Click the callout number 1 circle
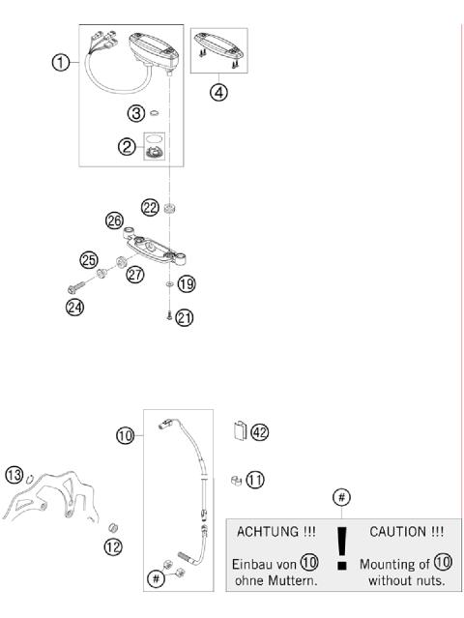pyautogui.click(x=61, y=63)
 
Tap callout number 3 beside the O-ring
pyautogui.click(x=139, y=113)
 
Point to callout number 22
pyautogui.click(x=150, y=207)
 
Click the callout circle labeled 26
pyautogui.click(x=115, y=221)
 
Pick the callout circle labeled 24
pyautogui.click(x=73, y=308)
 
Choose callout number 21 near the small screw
pyautogui.click(x=184, y=317)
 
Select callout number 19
pyautogui.click(x=187, y=284)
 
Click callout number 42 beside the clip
pyautogui.click(x=259, y=432)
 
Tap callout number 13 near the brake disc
pyautogui.click(x=14, y=474)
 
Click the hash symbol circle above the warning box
pyautogui.click(x=340, y=497)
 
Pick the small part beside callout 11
pyautogui.click(x=235, y=479)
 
